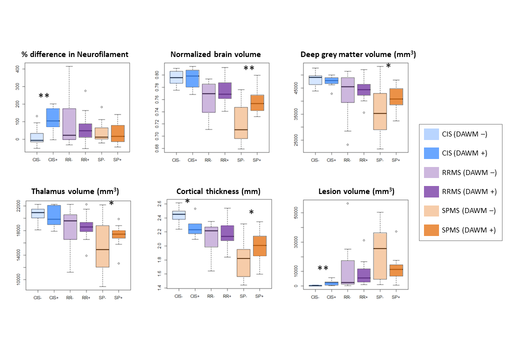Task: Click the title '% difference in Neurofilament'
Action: [74, 54]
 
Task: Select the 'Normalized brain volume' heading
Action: [215, 54]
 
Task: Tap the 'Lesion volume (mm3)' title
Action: [356, 191]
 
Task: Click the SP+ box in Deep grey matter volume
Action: [395, 96]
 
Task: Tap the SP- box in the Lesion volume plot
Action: [380, 256]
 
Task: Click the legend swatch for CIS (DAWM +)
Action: [431, 153]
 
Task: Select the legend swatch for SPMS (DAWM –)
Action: [431, 210]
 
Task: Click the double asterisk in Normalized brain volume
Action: [249, 68]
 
